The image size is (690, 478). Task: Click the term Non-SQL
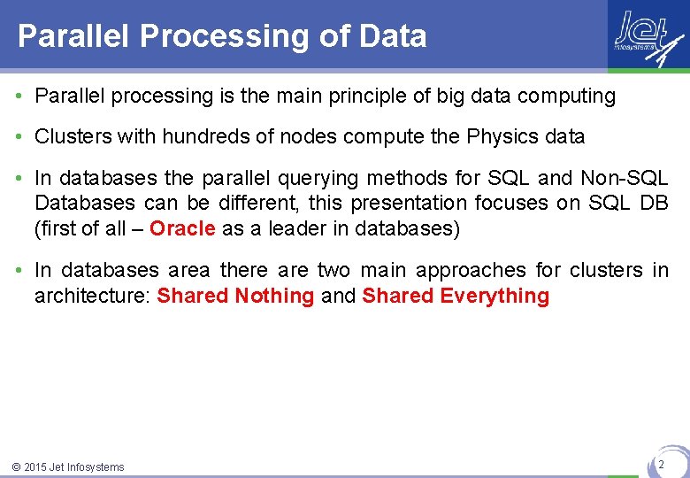tap(625, 179)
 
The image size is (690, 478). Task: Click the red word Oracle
tap(182, 228)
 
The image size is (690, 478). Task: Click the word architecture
tap(88, 296)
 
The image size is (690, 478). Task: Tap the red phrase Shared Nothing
tap(235, 296)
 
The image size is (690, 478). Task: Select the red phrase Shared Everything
tap(456, 296)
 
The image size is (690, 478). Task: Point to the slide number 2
tap(660, 463)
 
